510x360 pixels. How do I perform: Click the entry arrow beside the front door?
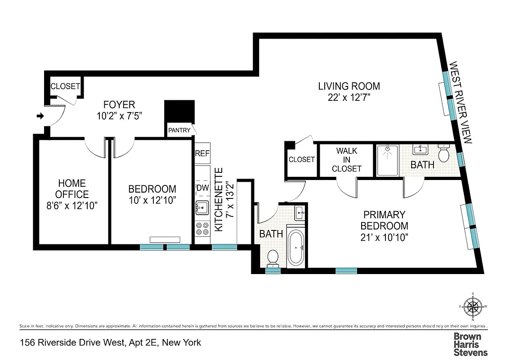(x=40, y=116)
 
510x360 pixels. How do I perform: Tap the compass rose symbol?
(x=473, y=307)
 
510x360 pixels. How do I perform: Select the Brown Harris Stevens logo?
(x=470, y=344)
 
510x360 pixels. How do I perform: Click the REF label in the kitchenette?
(x=202, y=153)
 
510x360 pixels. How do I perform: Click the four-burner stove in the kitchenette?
(x=202, y=229)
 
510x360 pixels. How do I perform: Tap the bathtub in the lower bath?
(x=296, y=247)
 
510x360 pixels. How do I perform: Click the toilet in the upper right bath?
(x=444, y=153)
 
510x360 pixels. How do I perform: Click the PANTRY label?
(x=179, y=130)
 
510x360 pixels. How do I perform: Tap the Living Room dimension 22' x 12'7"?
(x=349, y=97)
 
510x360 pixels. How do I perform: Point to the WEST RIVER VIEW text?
(x=461, y=103)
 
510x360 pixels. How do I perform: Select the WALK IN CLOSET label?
(x=346, y=160)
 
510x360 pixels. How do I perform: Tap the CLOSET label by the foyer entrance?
(x=65, y=86)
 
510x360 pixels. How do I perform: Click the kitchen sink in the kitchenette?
(x=202, y=207)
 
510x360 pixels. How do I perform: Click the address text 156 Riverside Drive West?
(x=110, y=343)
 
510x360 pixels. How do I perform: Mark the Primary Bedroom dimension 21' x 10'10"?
(x=385, y=237)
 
